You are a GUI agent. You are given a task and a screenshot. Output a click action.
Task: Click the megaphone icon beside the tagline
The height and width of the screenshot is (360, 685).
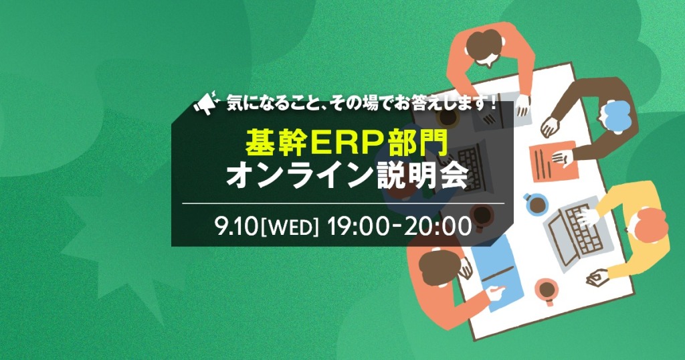click(206, 103)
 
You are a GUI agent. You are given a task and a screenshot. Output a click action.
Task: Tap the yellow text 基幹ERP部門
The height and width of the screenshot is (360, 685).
click(347, 143)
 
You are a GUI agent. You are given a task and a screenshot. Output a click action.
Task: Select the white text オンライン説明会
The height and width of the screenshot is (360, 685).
click(347, 176)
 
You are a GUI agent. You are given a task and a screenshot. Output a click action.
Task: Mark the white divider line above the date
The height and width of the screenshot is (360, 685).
click(343, 203)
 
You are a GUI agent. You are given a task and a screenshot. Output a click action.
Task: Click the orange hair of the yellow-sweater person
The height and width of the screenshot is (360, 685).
click(652, 224)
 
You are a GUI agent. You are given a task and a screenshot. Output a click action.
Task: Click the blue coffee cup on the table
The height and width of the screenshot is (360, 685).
click(536, 204)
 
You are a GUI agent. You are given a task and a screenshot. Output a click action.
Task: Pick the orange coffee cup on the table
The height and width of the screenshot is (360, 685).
click(547, 291)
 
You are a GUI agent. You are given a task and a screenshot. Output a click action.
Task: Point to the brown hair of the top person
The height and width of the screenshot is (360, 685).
click(484, 46)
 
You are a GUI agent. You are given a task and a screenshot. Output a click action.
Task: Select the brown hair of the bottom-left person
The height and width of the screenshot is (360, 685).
click(439, 268)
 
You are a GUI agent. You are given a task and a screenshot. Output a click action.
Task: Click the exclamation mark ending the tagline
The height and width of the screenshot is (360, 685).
click(493, 104)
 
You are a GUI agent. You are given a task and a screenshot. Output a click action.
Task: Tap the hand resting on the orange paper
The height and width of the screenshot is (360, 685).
click(562, 158)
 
